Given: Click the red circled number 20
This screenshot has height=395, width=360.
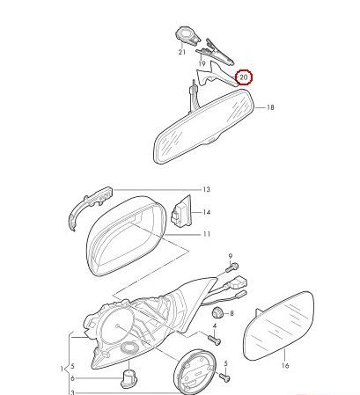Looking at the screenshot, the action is coord(244,77).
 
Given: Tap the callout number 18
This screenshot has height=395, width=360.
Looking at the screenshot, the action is coord(270,107).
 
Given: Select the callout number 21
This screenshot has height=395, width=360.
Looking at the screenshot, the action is coord(182,52).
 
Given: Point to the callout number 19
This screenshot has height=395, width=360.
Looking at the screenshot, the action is coord(202,63).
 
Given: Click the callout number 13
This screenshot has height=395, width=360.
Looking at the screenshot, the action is coord(207,189).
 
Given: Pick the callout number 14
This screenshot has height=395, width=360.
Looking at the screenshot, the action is coord(207,212).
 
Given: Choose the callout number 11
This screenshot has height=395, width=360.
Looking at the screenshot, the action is coord(207,234).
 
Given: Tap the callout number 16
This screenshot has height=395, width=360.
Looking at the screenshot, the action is coord(285,365).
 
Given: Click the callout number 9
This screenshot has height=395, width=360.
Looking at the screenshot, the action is coord(231,256).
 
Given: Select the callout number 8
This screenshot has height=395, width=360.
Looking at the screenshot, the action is coord(231,313).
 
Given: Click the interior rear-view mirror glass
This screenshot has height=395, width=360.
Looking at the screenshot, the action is coord(203,126).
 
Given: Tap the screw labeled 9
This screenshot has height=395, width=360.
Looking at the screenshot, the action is coord(232,267).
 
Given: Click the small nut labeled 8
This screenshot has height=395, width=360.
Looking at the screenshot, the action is coord(217,313).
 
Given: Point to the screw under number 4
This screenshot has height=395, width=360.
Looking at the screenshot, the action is coord(214,340).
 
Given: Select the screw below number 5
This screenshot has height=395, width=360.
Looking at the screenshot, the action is coord(224,377).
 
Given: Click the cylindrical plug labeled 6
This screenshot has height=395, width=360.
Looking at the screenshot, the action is coord(129,379).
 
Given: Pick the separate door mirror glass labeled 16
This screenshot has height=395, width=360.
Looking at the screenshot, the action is coord(279,326).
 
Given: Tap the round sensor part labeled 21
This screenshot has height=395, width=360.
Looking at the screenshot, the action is coord(187,36).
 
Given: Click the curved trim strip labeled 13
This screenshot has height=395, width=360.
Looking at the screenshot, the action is coord(90,205).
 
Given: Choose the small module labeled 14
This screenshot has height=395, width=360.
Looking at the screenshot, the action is coord(181,212).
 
